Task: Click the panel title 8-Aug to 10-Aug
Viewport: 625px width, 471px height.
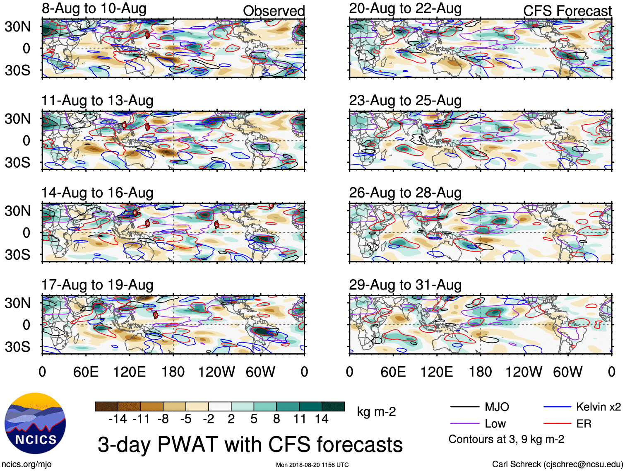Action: (94, 9)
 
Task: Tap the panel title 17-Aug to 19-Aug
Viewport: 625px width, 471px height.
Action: (97, 285)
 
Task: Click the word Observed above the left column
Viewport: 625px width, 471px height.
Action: (274, 11)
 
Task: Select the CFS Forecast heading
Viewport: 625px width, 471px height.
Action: (567, 11)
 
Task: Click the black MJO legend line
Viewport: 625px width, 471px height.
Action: (465, 407)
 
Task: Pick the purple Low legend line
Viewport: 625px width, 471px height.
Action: (465, 424)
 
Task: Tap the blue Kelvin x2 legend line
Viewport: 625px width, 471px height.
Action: (557, 407)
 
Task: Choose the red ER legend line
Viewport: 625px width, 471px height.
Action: (557, 424)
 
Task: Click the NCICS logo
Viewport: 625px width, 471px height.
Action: (35, 423)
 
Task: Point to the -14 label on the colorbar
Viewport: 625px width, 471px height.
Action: (118, 419)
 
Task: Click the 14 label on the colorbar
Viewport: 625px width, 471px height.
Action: (322, 419)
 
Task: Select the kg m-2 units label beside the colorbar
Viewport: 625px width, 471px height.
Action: (376, 412)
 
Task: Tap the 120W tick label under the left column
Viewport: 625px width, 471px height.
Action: (216, 372)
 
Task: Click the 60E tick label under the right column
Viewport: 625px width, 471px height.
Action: (393, 372)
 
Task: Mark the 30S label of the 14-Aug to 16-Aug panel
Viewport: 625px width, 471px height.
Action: (18, 255)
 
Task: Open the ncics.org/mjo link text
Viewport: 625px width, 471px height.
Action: (26, 464)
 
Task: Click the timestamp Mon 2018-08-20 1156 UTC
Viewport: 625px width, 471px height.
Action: (312, 465)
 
